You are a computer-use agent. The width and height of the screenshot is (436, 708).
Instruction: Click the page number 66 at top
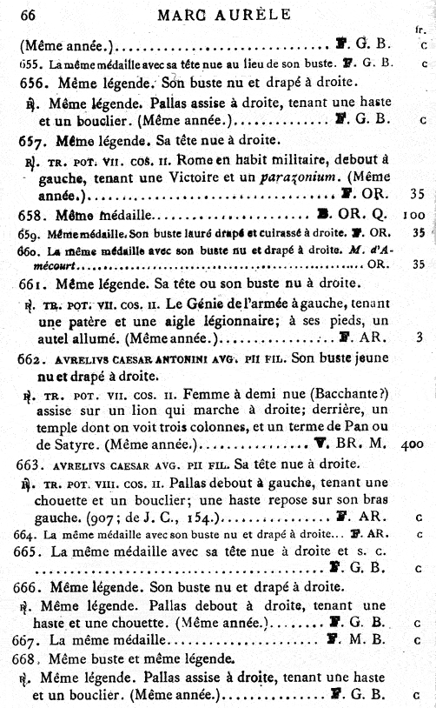tap(27, 12)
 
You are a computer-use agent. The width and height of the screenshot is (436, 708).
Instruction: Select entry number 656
tap(31, 85)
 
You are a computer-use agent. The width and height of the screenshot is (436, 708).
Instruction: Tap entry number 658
tap(31, 214)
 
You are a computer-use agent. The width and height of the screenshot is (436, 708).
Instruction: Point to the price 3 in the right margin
tap(419, 337)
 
